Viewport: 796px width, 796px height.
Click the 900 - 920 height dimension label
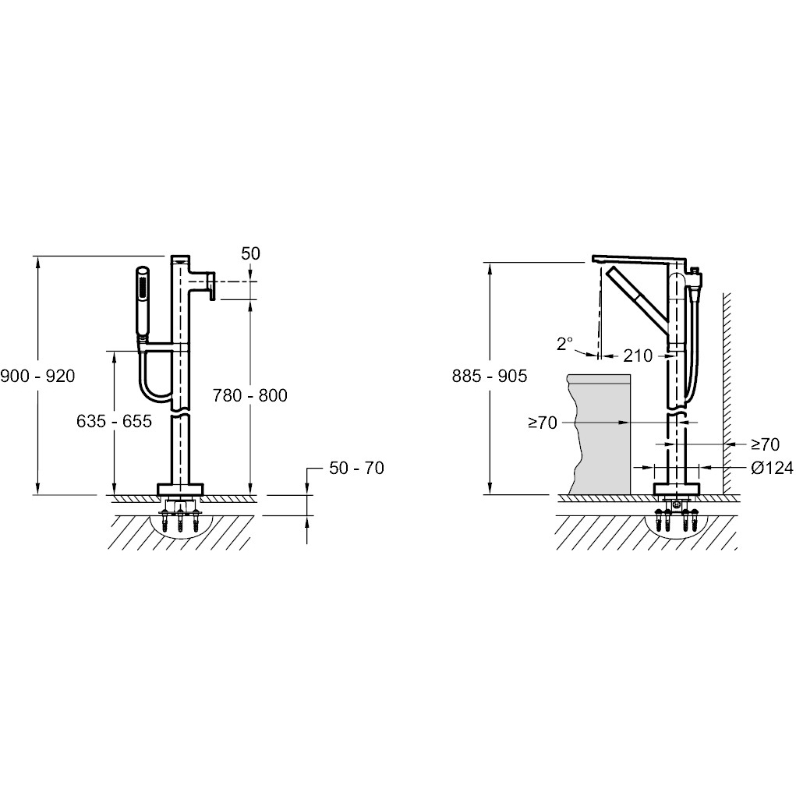point(37,377)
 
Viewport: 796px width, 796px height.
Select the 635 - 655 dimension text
point(115,421)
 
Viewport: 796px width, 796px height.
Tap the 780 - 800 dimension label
point(249,395)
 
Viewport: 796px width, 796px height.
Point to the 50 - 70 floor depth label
point(356,468)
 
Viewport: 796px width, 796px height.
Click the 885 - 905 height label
point(490,377)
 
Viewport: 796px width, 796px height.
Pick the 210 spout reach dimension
point(638,356)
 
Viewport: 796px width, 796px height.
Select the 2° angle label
point(564,344)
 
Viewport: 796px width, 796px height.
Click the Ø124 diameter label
point(772,468)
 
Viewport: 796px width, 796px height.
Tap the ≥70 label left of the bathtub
point(543,423)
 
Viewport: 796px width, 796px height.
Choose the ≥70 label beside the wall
point(765,444)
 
